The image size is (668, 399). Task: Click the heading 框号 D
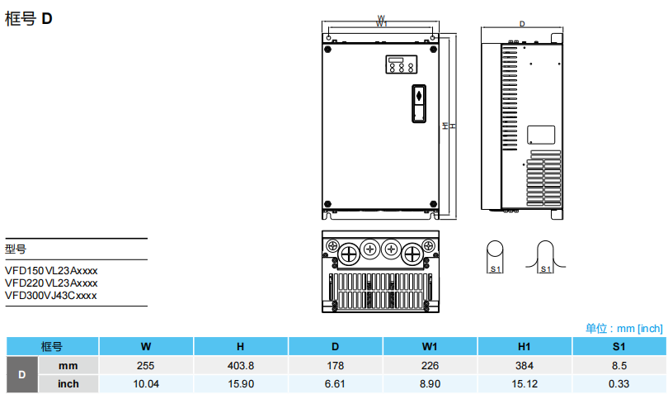[x=29, y=18]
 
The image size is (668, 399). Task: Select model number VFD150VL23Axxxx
[x=51, y=270]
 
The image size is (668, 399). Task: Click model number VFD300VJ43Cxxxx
[x=51, y=294]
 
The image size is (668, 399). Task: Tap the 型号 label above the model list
[x=16, y=249]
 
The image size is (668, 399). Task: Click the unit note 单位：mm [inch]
[x=623, y=328]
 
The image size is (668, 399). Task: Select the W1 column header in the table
[x=429, y=346]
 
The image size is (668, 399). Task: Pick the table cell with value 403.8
[x=240, y=365]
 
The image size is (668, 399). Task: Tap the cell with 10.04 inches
[x=146, y=383]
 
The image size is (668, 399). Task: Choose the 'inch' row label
[x=68, y=383]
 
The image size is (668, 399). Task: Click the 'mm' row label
[x=68, y=365]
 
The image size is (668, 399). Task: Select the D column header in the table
[x=335, y=346]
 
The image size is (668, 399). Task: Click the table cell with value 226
[x=429, y=365]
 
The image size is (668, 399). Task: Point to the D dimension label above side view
[x=522, y=24]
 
